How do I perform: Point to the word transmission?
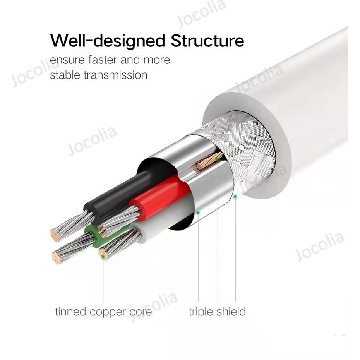point(116,75)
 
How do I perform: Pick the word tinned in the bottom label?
point(70,312)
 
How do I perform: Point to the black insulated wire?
point(116,194)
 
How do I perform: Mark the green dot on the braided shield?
point(235,197)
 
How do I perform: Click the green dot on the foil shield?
point(198,212)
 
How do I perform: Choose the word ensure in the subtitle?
point(64,60)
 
